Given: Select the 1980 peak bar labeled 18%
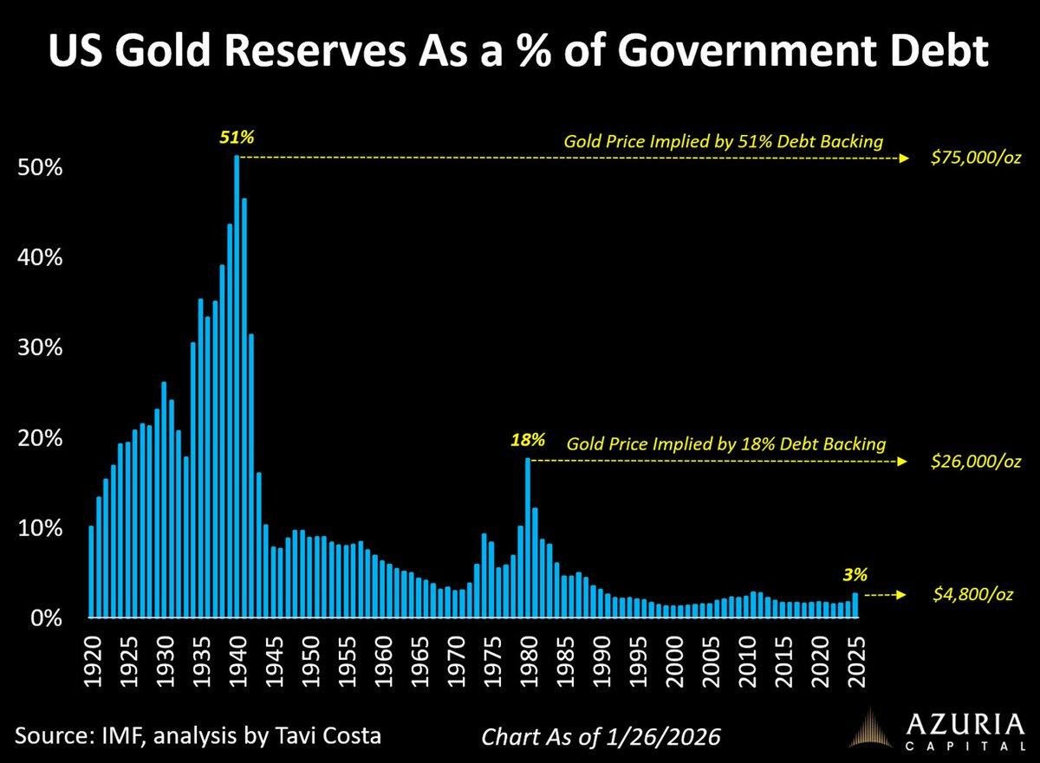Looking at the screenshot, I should [527, 538].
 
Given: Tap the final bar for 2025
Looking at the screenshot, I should [855, 605].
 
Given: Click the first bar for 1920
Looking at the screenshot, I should [92, 572].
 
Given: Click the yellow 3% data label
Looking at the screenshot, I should [855, 573].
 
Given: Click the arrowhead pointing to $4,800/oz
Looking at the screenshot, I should [903, 595].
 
